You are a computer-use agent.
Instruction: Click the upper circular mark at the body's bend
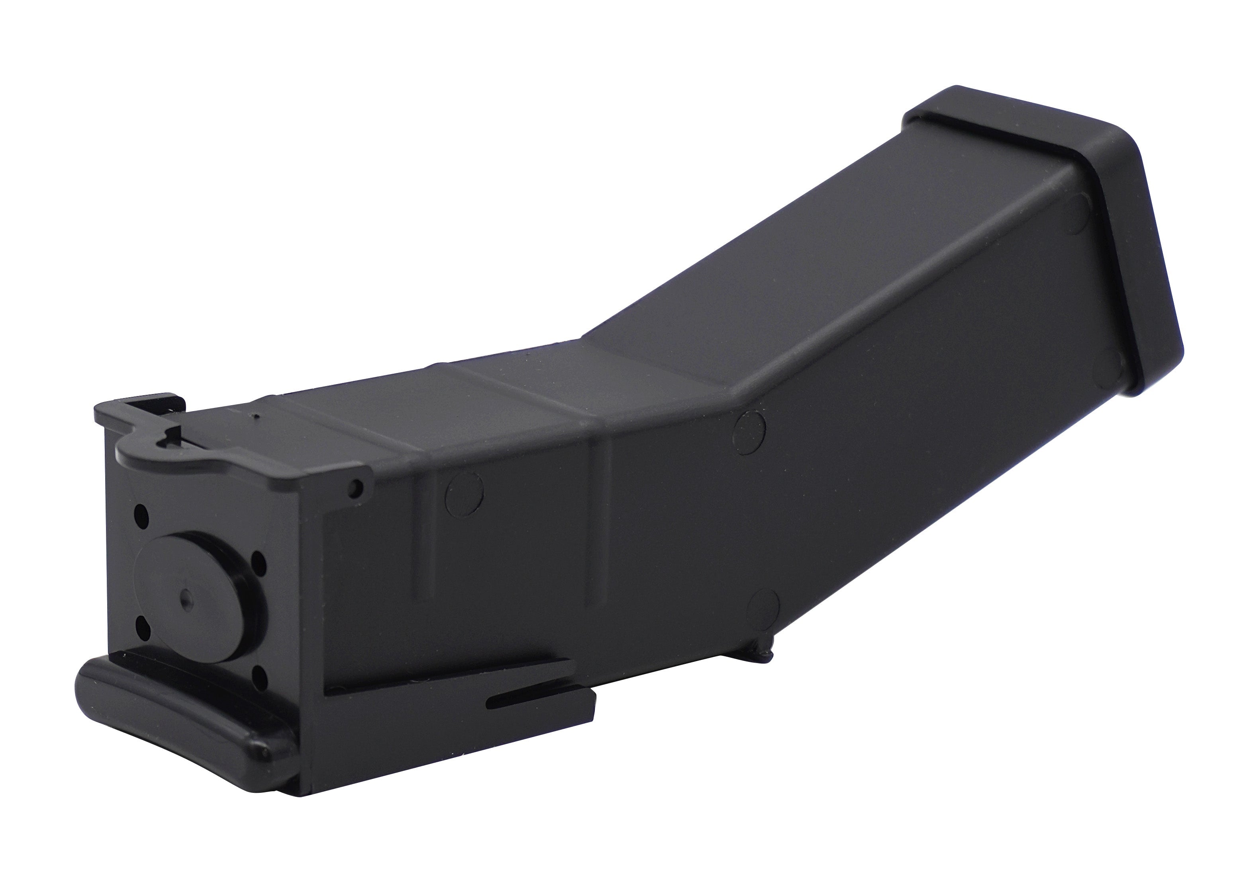(749, 432)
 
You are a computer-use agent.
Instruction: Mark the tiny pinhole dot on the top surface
(257, 418)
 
